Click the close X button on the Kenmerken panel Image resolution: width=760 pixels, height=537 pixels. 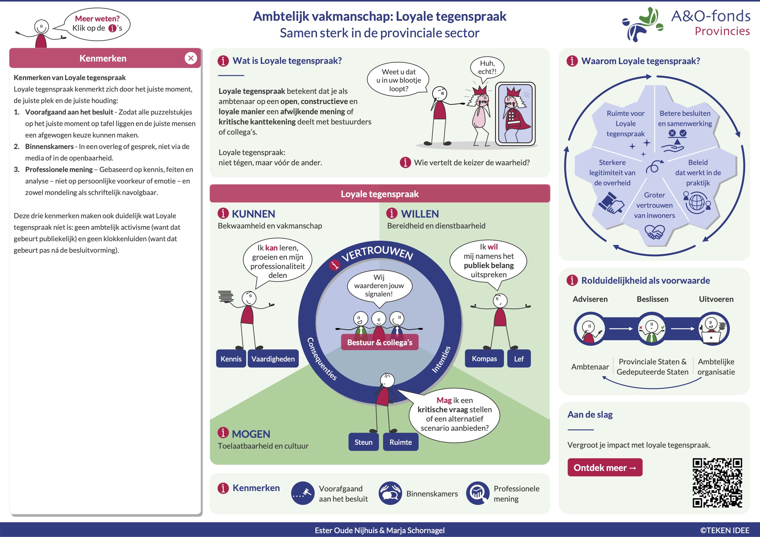pos(191,58)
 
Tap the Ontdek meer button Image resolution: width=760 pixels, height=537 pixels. pos(605,467)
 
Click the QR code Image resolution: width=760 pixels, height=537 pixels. pos(717,482)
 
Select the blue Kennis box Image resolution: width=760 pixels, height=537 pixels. pos(231,359)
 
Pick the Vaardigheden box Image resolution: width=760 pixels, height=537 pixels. pos(273,359)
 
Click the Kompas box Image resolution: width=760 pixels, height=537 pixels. pos(484,358)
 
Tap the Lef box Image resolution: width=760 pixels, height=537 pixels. pos(518,359)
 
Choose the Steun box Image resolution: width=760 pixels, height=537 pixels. pos(363,442)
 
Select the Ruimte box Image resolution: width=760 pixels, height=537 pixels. pos(400,442)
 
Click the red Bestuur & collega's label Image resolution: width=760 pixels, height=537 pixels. pos(379,342)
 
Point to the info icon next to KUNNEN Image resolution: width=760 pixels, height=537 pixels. pos(223,213)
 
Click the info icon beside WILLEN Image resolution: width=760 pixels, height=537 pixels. pos(392,213)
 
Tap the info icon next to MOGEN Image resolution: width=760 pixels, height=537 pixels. pos(223,432)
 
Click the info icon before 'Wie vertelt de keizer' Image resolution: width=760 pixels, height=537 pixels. pos(405,162)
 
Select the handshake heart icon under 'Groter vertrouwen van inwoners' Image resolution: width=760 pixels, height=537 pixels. pos(654,232)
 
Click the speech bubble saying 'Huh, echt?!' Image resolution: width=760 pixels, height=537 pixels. pos(487,68)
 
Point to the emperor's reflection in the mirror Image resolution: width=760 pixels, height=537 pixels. pos(515,114)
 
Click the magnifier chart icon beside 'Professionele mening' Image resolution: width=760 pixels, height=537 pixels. pos(477,493)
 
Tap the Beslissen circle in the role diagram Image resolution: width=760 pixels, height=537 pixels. pos(651,329)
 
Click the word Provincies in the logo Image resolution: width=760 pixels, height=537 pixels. pos(722,31)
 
